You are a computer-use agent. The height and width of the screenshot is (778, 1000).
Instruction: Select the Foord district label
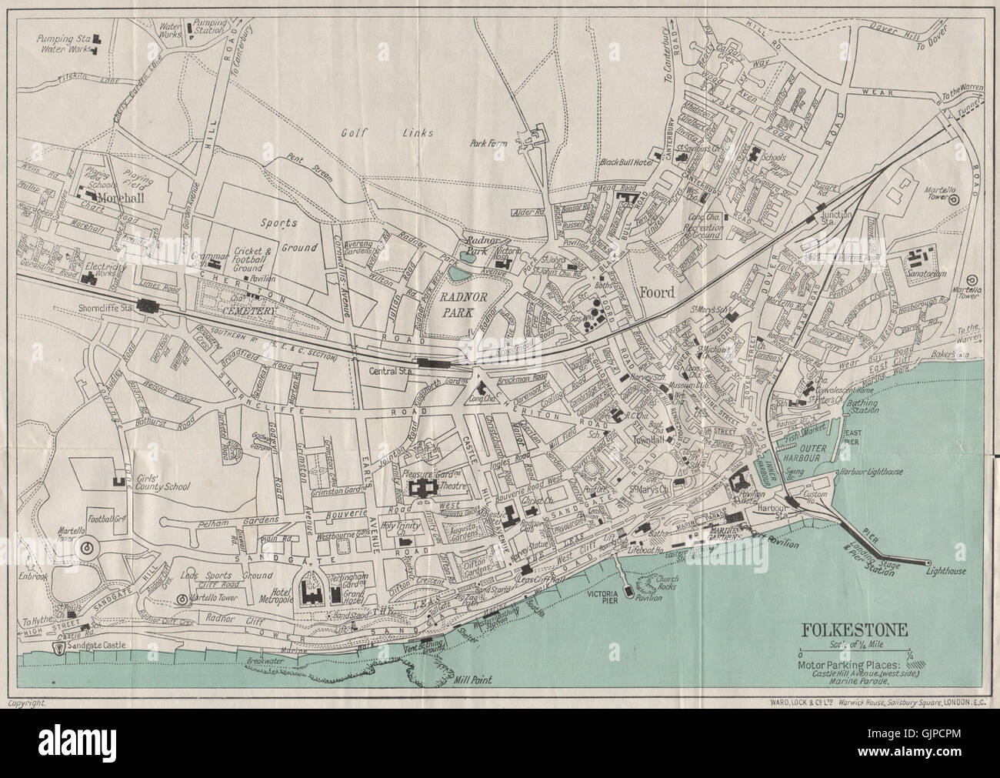point(655,293)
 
